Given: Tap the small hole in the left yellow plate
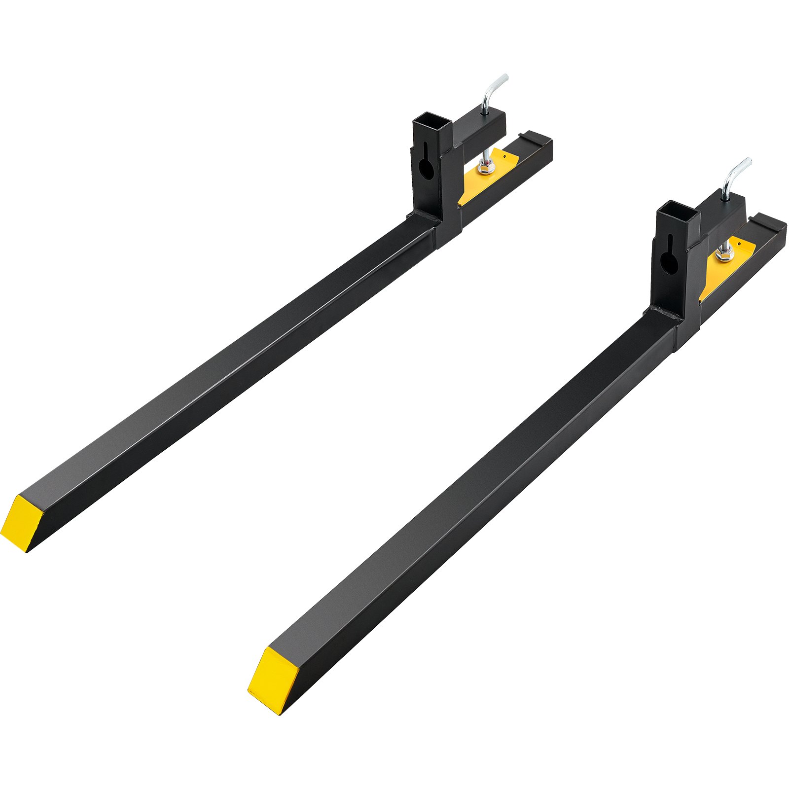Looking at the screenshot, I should coord(504,156).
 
